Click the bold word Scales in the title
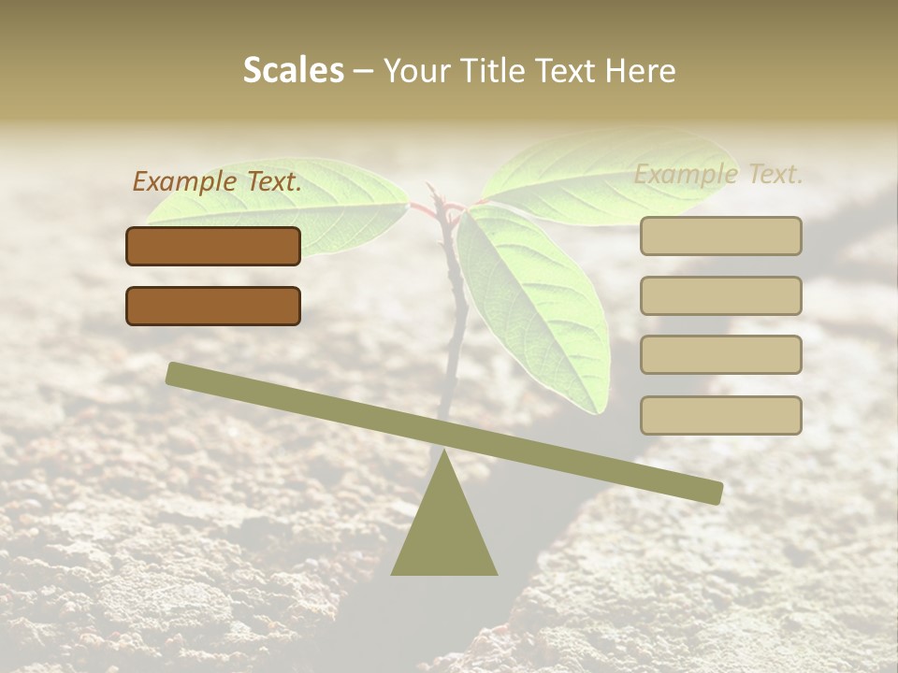click(293, 70)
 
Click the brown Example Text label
click(217, 181)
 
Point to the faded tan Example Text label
click(718, 174)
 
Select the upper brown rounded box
click(213, 246)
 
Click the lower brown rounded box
click(213, 306)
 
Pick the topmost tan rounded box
click(720, 236)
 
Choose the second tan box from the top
click(720, 295)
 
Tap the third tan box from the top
click(720, 354)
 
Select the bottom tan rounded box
click(720, 415)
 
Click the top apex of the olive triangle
click(443, 451)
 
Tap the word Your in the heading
click(417, 70)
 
